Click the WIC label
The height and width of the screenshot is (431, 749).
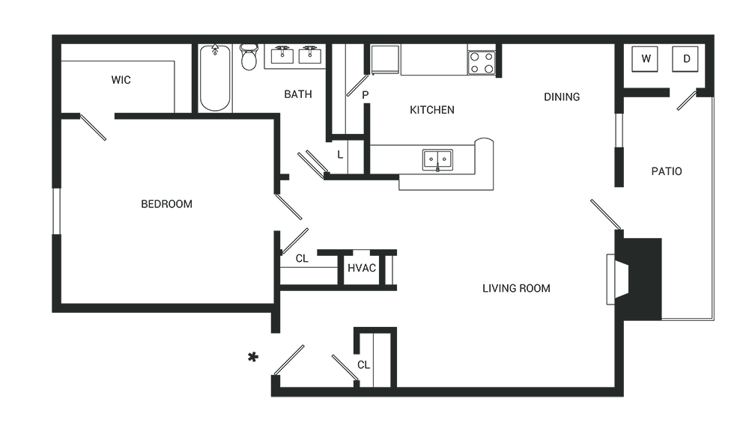coord(121,80)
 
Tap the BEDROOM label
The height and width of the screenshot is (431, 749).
coord(166,204)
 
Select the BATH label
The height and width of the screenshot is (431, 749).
coord(297,94)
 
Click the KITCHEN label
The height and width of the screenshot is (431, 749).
coord(431,110)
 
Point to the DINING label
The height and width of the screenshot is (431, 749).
coord(562,97)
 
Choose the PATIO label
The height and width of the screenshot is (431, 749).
coord(666,171)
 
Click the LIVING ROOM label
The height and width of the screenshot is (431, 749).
coord(516,288)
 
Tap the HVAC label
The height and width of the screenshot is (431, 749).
coord(361,269)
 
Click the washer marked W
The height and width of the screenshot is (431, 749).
coord(645,58)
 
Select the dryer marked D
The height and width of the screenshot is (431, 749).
coord(685,58)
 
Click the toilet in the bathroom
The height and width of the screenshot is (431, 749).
coord(249,57)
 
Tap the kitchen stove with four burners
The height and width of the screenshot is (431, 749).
coord(481,61)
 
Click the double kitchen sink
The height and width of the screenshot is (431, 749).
coord(437,159)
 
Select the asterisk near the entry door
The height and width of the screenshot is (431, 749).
coord(253,357)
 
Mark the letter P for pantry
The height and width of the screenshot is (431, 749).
coord(365,95)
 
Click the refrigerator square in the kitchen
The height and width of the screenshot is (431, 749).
coord(385,58)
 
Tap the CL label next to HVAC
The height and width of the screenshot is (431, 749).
coord(302,259)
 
